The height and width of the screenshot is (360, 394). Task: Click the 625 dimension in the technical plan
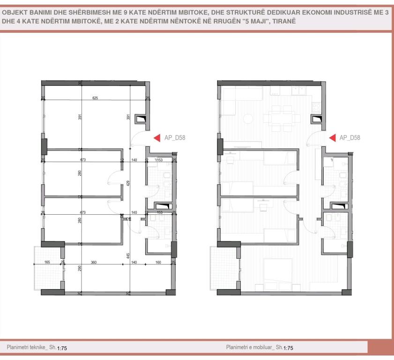click(x=95, y=98)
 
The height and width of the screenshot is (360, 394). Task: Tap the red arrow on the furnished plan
click(x=332, y=137)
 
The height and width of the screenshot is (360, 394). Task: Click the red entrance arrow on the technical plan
click(x=157, y=137)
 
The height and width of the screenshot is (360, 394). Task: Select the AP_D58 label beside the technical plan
click(x=175, y=138)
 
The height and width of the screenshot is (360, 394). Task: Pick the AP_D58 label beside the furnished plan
click(x=350, y=138)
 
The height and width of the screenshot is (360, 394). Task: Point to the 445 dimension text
click(x=128, y=255)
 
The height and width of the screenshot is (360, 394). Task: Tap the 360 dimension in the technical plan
click(x=94, y=262)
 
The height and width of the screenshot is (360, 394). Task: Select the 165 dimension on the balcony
click(x=47, y=262)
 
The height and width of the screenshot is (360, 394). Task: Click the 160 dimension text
click(x=158, y=262)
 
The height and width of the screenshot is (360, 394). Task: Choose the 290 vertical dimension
click(x=80, y=268)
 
